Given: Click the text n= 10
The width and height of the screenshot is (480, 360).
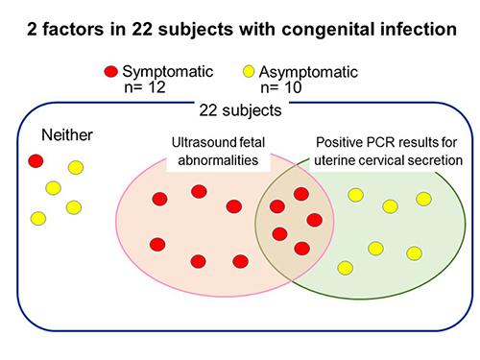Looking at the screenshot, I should click(291, 89).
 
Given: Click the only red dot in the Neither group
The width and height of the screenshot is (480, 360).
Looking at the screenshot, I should click(37, 159).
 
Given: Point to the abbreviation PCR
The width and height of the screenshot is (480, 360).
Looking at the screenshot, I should click(359, 146).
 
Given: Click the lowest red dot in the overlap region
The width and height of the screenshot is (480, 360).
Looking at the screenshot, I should click(301, 249).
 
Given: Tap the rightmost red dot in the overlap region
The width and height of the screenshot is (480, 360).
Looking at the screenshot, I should click(314, 220).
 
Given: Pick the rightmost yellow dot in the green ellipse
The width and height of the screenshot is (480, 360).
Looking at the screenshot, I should click(423, 199).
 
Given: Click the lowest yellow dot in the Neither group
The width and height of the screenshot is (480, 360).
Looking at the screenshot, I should click(38, 218).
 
